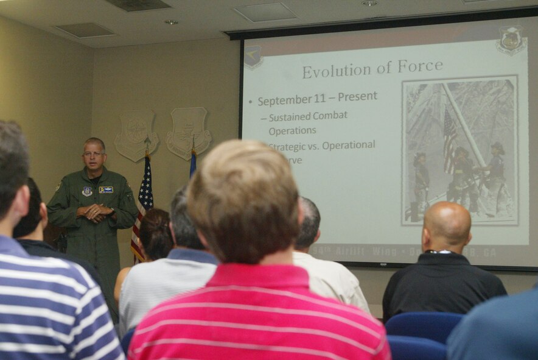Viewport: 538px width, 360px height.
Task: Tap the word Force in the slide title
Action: tap(420, 66)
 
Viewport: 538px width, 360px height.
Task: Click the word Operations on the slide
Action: tap(292, 130)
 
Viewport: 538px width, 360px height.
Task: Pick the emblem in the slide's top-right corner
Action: tap(511, 40)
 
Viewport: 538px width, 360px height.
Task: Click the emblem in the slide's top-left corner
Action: tap(253, 57)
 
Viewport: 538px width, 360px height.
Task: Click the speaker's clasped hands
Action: tap(95, 213)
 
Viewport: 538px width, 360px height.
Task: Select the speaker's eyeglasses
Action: tap(94, 154)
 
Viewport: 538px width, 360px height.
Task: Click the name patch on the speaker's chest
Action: tap(106, 189)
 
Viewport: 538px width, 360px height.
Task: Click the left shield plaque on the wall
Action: tap(136, 135)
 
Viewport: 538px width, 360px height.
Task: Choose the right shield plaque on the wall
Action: tap(188, 132)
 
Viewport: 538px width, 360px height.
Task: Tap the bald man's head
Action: tap(447, 224)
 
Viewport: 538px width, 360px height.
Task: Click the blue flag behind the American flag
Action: tap(192, 163)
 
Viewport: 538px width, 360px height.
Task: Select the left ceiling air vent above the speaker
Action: tap(85, 29)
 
